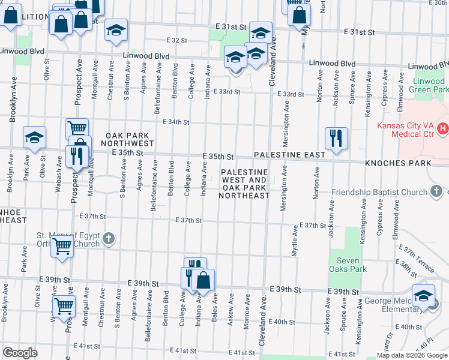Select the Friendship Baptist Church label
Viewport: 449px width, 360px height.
point(379,193)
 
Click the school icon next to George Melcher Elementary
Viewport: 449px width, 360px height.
point(424,295)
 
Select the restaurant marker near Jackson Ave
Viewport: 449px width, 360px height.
point(336,138)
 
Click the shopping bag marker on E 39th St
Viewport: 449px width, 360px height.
point(203,280)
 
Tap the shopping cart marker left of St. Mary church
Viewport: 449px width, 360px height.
point(62,246)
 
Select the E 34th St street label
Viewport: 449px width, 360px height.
point(176,122)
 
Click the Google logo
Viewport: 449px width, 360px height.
point(20,353)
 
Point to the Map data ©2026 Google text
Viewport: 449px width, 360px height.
point(412,355)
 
